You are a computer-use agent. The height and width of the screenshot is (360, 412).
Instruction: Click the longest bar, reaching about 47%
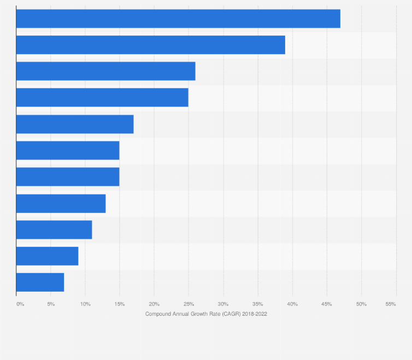point(178,19)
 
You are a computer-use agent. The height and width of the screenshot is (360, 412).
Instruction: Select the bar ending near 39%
point(151,45)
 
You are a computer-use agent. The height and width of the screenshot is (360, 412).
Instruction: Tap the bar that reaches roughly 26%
point(105,71)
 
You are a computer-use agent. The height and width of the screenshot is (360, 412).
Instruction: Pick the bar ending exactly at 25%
point(102,97)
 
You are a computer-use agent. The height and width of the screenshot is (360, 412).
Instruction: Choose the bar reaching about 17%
point(75,124)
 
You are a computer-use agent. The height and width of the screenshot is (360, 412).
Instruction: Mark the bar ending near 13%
point(61,203)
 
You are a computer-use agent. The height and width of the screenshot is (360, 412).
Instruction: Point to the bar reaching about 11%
point(54,229)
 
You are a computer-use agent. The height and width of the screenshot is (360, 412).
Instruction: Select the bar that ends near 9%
point(47,256)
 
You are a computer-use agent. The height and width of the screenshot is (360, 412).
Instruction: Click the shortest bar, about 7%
point(40,282)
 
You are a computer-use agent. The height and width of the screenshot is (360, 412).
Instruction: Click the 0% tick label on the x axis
point(20,304)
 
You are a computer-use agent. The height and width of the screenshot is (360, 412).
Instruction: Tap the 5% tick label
point(51,304)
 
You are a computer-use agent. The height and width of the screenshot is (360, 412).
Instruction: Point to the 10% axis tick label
point(85,304)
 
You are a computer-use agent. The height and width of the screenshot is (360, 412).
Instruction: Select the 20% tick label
point(154,304)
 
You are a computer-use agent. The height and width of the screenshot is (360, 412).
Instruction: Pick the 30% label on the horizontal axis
point(223,304)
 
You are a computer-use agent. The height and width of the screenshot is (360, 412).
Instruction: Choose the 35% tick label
point(257,304)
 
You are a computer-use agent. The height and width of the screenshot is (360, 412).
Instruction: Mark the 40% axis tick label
point(292,304)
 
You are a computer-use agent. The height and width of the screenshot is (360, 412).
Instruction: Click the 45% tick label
point(327,304)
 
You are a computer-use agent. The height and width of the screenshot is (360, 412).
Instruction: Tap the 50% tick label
point(361,304)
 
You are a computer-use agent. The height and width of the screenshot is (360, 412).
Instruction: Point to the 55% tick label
point(391,304)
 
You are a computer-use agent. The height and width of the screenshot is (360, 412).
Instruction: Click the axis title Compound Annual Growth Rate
point(206,314)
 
